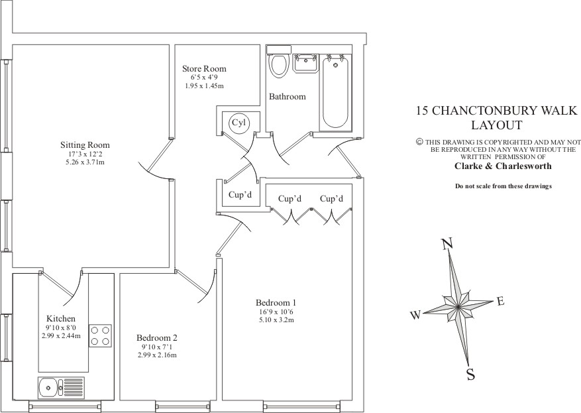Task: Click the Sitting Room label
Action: click(x=85, y=145)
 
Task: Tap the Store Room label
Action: click(x=204, y=69)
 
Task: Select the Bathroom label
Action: click(x=287, y=97)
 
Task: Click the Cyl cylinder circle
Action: click(x=238, y=123)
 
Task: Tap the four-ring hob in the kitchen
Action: click(x=100, y=335)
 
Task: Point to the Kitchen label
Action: click(x=61, y=319)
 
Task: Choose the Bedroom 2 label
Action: click(x=157, y=337)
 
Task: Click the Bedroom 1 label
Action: click(x=275, y=302)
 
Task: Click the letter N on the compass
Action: click(x=447, y=245)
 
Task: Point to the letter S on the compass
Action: click(x=470, y=375)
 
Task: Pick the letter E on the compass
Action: click(x=500, y=302)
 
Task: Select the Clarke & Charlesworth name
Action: click(x=499, y=166)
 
